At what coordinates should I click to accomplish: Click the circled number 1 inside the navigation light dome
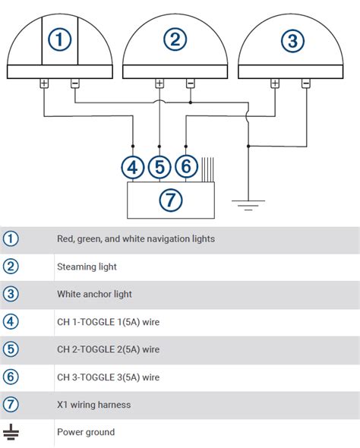(x=59, y=39)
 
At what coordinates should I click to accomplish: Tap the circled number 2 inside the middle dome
(x=175, y=39)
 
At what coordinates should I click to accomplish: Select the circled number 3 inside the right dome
(x=292, y=41)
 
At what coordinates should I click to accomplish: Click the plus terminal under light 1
(x=44, y=84)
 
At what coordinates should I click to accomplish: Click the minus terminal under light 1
(x=75, y=84)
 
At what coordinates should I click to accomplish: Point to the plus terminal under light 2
(x=159, y=84)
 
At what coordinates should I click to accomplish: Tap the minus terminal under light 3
(x=306, y=84)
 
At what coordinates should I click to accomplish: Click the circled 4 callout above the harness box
(x=133, y=167)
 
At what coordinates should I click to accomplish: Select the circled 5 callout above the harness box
(x=159, y=167)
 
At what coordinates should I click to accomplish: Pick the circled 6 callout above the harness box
(x=186, y=166)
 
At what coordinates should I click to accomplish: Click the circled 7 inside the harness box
(x=171, y=200)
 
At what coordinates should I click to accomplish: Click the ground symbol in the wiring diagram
(x=248, y=205)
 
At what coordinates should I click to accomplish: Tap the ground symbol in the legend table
(x=11, y=432)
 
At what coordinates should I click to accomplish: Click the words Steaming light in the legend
(x=87, y=267)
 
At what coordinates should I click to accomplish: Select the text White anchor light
(x=95, y=295)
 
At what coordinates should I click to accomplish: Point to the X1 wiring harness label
(x=94, y=405)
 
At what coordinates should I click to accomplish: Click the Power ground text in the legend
(x=86, y=432)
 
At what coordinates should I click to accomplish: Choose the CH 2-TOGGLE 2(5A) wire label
(x=109, y=349)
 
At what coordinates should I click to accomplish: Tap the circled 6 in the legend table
(x=11, y=377)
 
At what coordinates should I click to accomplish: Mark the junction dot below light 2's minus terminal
(x=191, y=103)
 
